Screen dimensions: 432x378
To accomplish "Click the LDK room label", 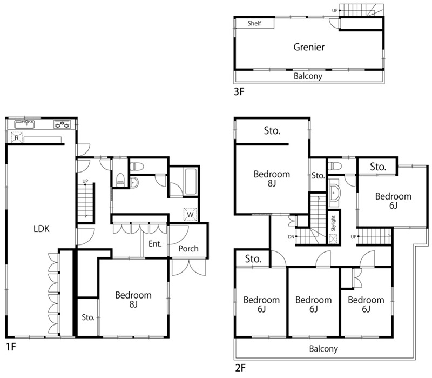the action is click(42, 228).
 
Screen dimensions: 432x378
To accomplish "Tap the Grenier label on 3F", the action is click(309, 47).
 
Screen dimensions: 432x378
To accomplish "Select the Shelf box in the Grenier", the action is click(254, 23).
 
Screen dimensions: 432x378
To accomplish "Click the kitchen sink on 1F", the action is click(24, 124).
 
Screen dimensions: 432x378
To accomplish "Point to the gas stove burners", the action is click(62, 124).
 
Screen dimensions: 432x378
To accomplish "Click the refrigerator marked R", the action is click(17, 137).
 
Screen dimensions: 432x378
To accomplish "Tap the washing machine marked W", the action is click(190, 214).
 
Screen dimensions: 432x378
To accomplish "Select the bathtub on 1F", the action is click(191, 182).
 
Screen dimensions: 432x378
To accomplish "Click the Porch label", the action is click(188, 249).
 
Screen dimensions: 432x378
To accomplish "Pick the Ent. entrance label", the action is click(155, 244).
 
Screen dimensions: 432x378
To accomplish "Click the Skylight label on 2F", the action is click(333, 223).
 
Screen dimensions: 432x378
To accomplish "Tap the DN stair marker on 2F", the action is click(291, 237).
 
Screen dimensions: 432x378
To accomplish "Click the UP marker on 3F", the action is click(335, 10).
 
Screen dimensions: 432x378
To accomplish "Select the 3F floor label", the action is click(239, 91).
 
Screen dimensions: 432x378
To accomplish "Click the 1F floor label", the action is click(11, 347).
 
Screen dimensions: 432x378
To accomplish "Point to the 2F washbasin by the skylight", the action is click(334, 193).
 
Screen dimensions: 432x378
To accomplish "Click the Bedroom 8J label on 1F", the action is click(133, 300).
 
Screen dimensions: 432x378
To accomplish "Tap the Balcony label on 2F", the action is click(323, 349).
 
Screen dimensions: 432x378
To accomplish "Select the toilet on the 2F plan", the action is click(335, 166).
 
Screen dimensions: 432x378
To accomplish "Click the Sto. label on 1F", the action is click(88, 317).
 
